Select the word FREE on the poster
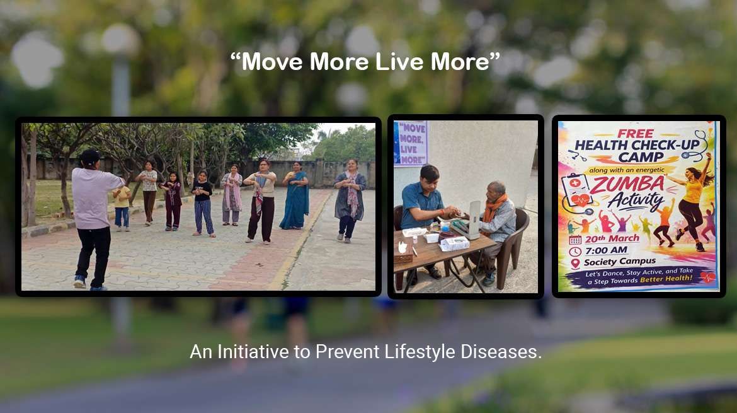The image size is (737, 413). click(x=635, y=134)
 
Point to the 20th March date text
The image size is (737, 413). click(x=612, y=238)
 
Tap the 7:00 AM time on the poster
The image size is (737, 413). click(x=606, y=250)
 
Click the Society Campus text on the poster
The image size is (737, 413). click(x=619, y=262)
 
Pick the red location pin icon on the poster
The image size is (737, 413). click(x=575, y=263)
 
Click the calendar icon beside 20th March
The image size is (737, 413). click(x=575, y=240)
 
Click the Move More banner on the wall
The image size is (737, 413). click(x=411, y=143)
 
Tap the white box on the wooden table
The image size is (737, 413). click(x=454, y=243)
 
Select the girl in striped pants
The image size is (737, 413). click(x=203, y=204)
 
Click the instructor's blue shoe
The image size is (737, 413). click(x=79, y=282)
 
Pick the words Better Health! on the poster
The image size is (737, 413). click(x=666, y=279)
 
